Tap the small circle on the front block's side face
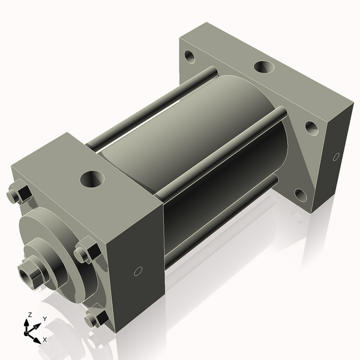pos(138,271)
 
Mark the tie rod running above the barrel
pos(150,108)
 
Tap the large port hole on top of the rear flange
pos(262,67)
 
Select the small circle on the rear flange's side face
pos(337,157)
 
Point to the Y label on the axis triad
pos(45,319)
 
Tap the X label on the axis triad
pos(45,339)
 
